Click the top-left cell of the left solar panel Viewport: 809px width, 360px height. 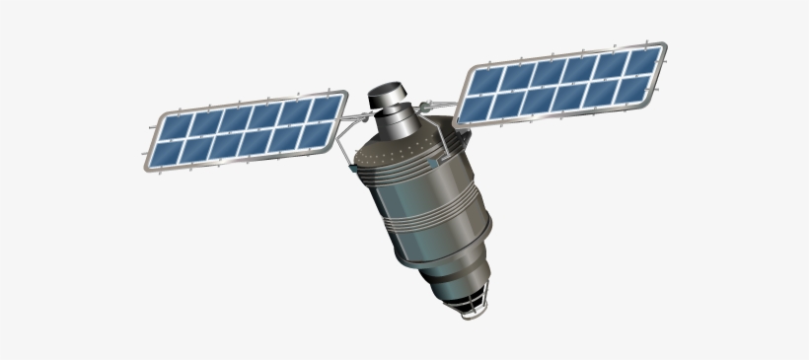pyautogui.click(x=174, y=127)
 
